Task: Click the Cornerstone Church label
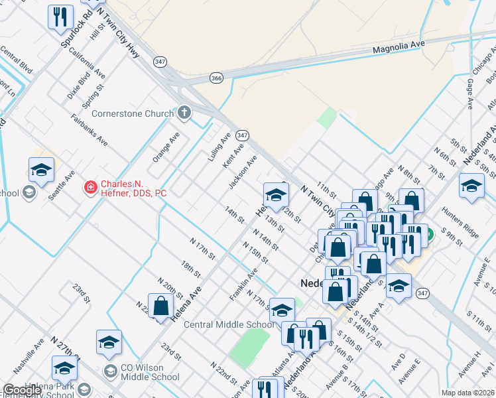point(133,113)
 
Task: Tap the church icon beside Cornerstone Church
point(185,113)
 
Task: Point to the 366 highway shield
point(217,77)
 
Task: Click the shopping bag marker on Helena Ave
point(160,306)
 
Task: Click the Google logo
point(22,390)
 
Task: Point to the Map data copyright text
point(468,393)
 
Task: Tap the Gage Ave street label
point(470,93)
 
